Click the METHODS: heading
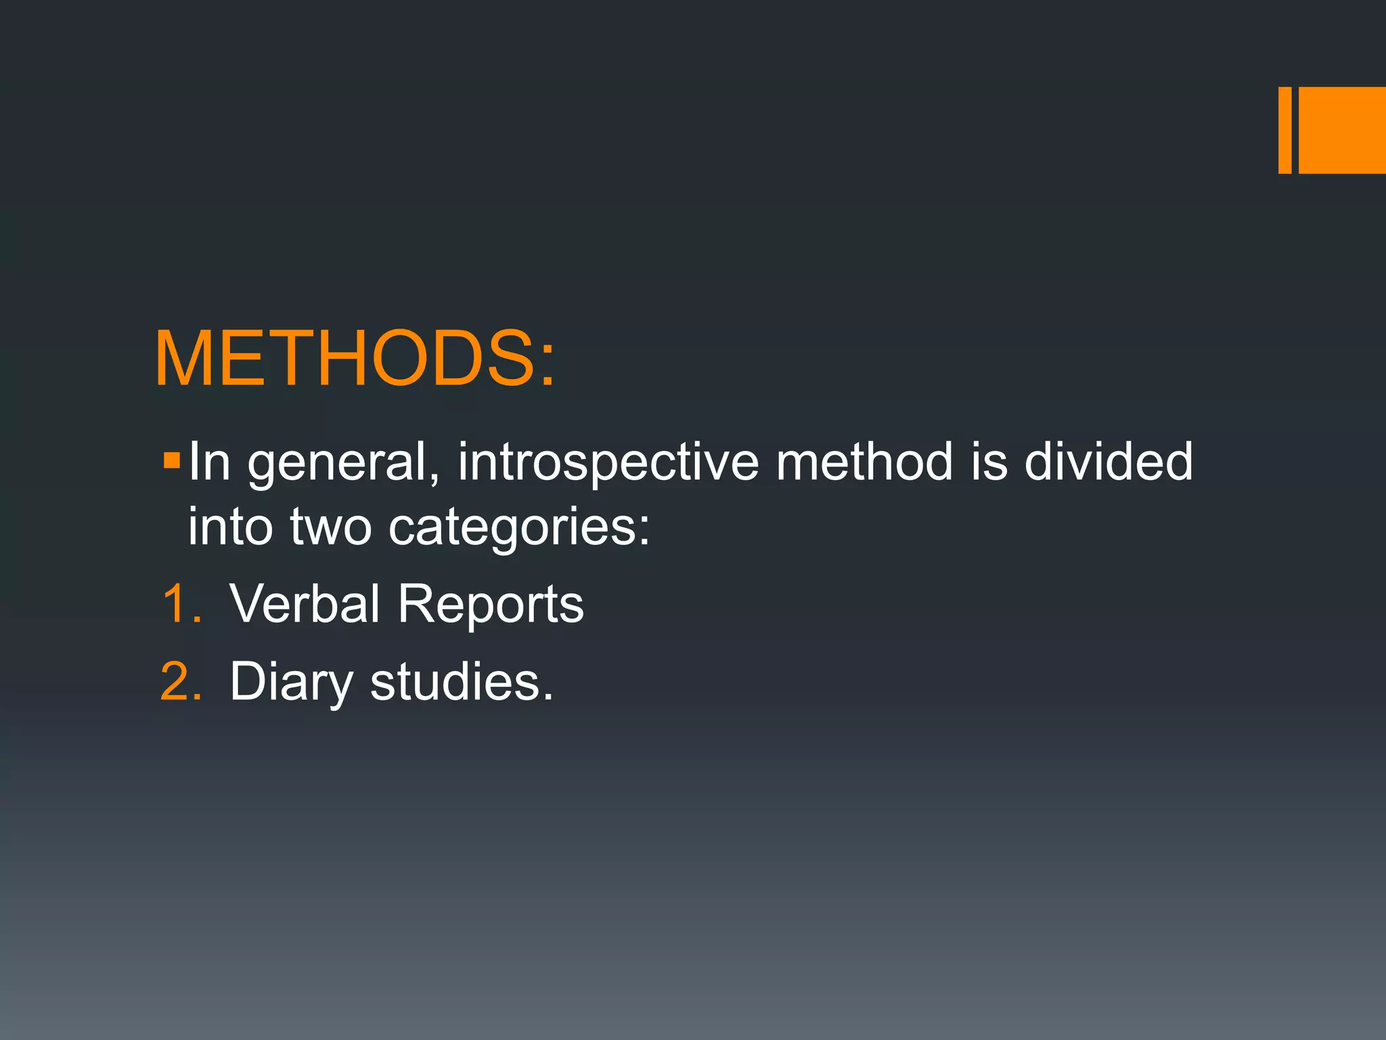coord(355,359)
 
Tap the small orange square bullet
coord(172,461)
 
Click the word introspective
coord(608,463)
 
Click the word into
coord(230,527)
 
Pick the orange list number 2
coord(181,682)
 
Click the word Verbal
coord(305,604)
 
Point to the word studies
coord(462,682)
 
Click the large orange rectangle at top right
coord(1341,130)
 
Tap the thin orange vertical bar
coord(1284,130)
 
